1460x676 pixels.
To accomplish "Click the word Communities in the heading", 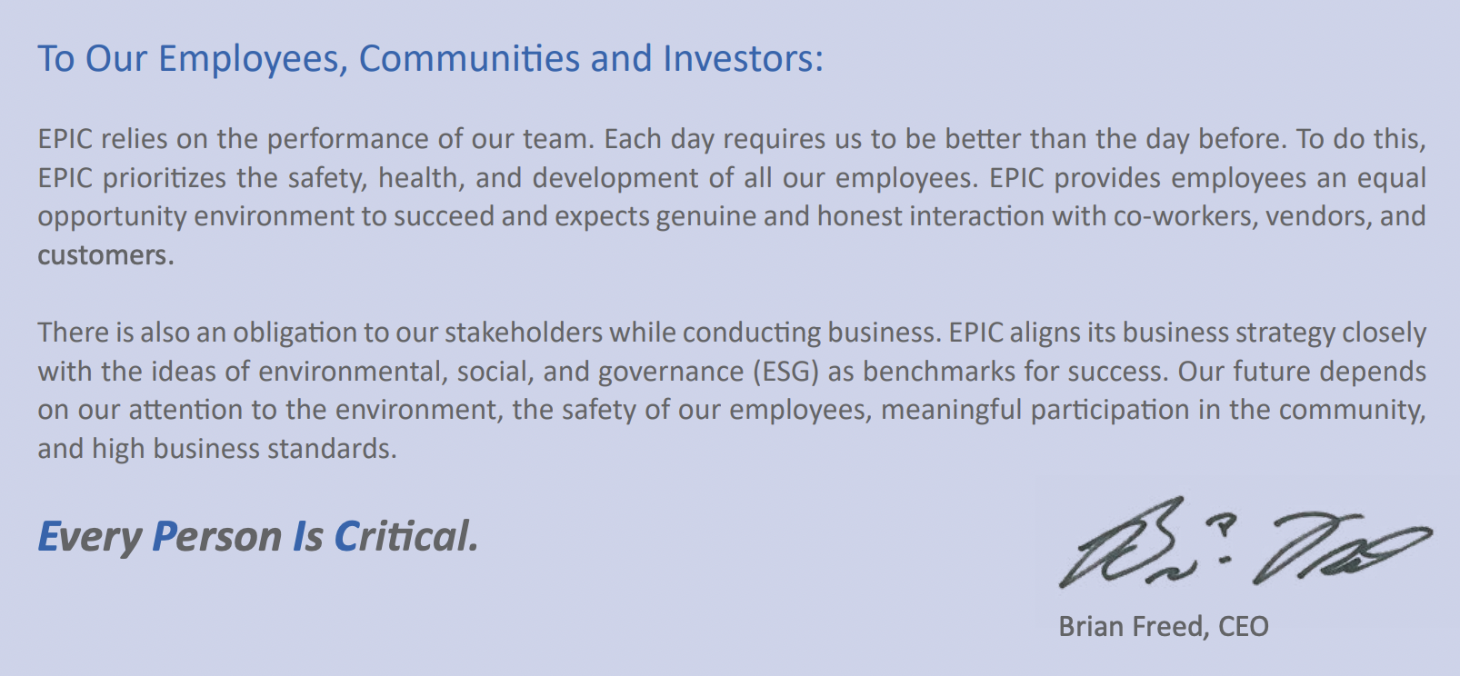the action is coord(469,58).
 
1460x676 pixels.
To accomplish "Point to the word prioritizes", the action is coord(165,178).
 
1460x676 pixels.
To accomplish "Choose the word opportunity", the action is coord(112,217).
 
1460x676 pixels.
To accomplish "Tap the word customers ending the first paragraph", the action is coord(103,255).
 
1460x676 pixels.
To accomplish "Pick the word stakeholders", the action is coord(524,333).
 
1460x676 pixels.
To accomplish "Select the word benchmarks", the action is coord(940,372).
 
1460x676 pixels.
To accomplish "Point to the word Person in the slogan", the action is coord(217,537).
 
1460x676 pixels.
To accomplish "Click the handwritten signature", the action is coord(1245,542).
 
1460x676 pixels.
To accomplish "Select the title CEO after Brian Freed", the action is coord(1243,627).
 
